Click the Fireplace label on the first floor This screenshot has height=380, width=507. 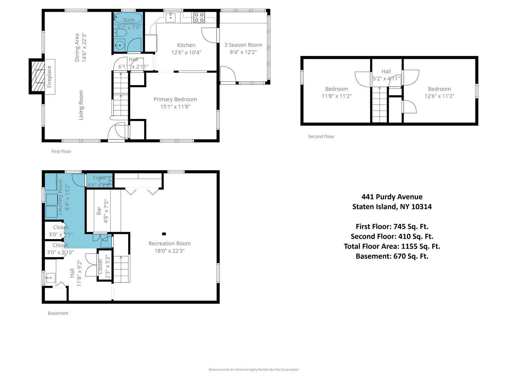coord(49,77)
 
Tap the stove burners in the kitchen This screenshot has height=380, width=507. coord(199,18)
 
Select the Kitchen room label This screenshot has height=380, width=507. coord(186,45)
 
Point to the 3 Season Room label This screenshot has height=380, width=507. coord(243,45)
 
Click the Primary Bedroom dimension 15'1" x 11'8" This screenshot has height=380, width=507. coord(175,107)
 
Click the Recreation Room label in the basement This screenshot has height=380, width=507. coord(169,244)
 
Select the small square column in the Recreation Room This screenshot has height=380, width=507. coord(164,234)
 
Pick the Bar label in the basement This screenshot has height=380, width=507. coord(99,211)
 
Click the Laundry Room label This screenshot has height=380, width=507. coord(60,197)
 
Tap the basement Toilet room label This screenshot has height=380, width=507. coord(99,178)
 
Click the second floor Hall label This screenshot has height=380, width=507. coord(386,72)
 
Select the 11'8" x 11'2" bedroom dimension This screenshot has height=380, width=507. coord(337,96)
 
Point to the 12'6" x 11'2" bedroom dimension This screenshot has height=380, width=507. coord(439,96)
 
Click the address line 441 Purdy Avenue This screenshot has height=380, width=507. coord(392,197)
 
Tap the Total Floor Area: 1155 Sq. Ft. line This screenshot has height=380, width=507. coord(392,246)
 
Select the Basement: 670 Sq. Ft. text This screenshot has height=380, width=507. coord(392,256)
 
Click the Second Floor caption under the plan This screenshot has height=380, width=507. coord(321,136)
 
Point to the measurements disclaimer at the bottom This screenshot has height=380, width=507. coord(253,370)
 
